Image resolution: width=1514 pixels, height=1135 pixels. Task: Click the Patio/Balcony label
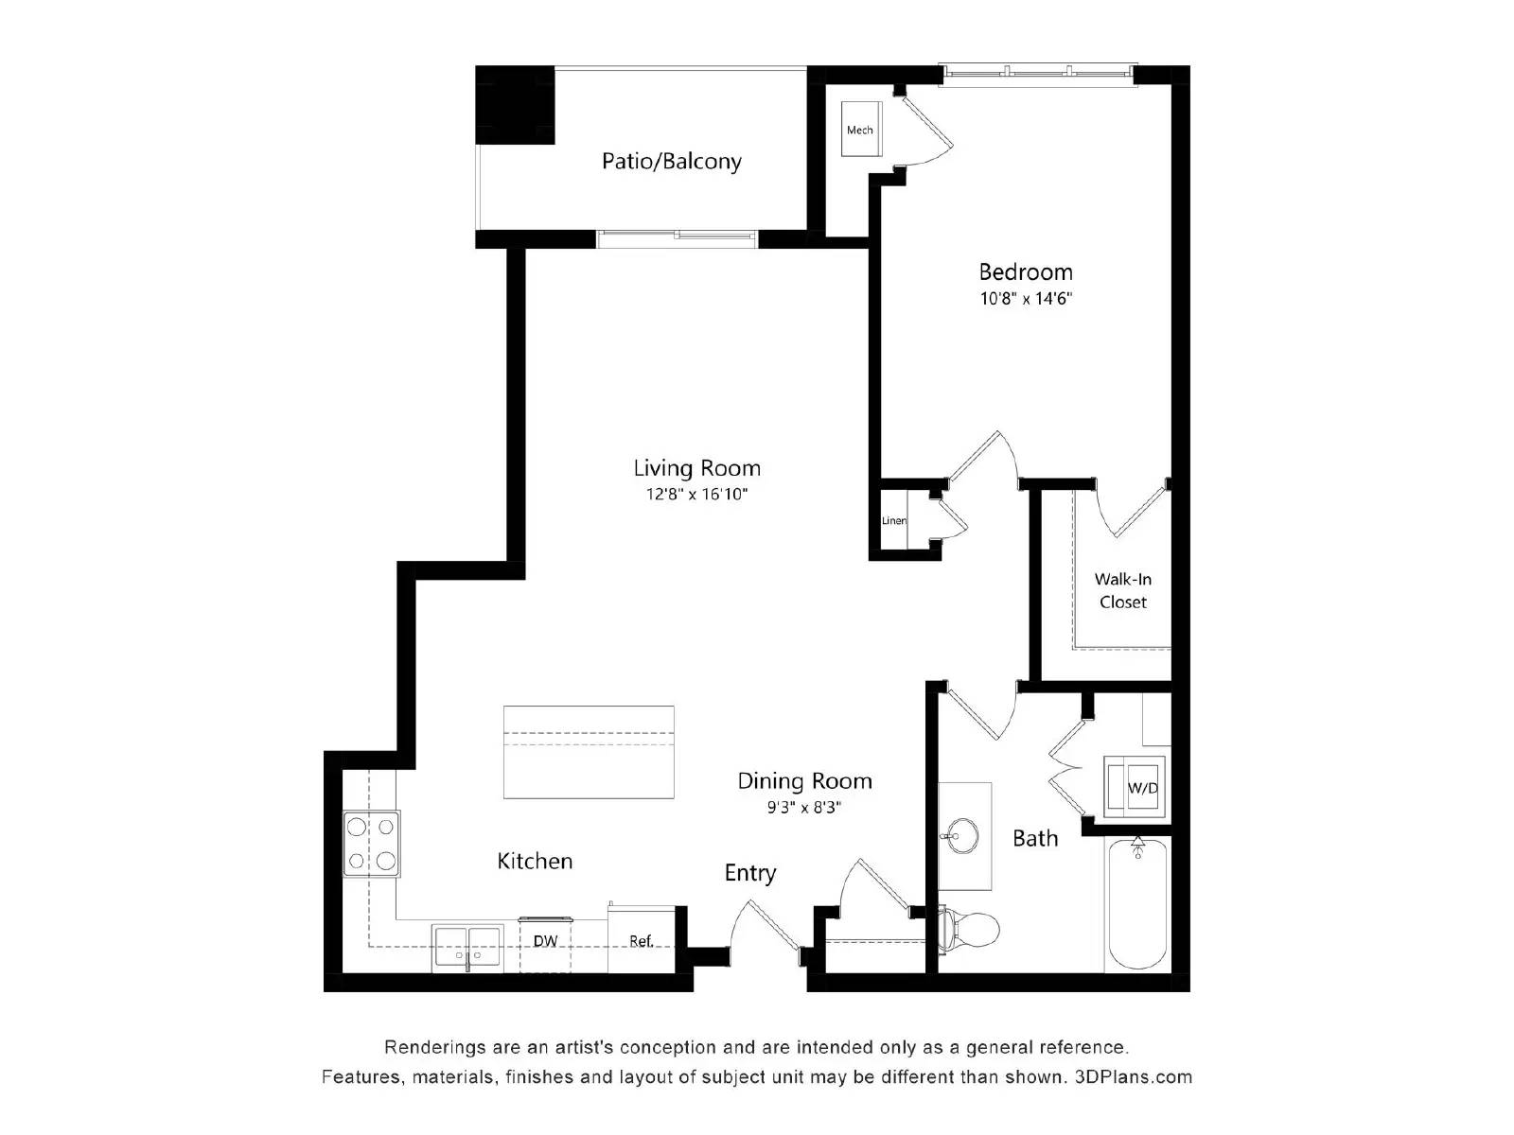click(x=671, y=161)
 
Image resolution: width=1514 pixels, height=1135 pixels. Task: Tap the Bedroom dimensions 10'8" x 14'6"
click(x=1026, y=299)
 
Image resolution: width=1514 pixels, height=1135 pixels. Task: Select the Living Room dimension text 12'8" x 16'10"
click(x=696, y=494)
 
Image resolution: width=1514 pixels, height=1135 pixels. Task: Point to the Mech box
click(x=860, y=130)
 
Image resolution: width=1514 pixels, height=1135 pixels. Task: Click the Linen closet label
click(x=893, y=520)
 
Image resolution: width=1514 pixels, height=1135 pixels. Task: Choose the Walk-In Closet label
click(x=1122, y=590)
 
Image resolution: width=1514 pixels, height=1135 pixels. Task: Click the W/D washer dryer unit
click(x=1137, y=787)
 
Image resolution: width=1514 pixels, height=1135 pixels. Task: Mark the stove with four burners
click(x=371, y=844)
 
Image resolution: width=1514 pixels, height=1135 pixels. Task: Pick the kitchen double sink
click(x=467, y=948)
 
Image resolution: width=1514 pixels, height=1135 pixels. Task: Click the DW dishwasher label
click(x=545, y=941)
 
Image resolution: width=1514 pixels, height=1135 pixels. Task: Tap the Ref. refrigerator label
click(x=642, y=941)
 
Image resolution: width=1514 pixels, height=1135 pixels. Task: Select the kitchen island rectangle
click(x=589, y=752)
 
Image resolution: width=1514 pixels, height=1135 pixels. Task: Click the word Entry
click(x=750, y=873)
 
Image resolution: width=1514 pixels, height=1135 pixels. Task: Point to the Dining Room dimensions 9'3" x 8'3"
click(x=804, y=808)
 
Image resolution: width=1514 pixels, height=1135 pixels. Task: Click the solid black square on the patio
click(x=515, y=105)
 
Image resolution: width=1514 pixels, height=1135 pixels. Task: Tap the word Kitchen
click(x=535, y=861)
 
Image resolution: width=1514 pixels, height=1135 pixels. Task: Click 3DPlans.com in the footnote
click(x=1133, y=1076)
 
